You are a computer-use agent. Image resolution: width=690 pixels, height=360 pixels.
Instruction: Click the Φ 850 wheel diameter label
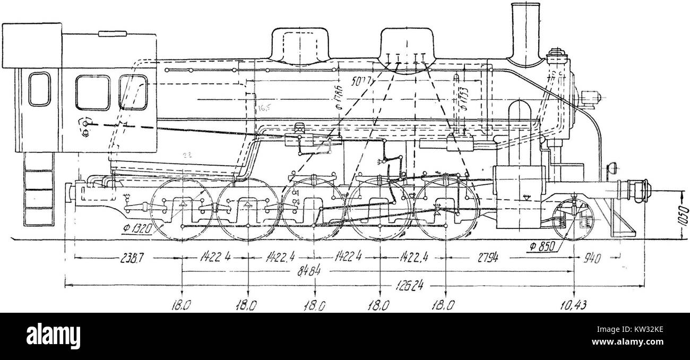click(x=542, y=246)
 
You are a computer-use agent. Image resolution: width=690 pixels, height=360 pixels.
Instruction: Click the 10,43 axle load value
click(x=575, y=305)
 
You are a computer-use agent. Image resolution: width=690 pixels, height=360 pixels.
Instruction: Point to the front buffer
click(x=637, y=188)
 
